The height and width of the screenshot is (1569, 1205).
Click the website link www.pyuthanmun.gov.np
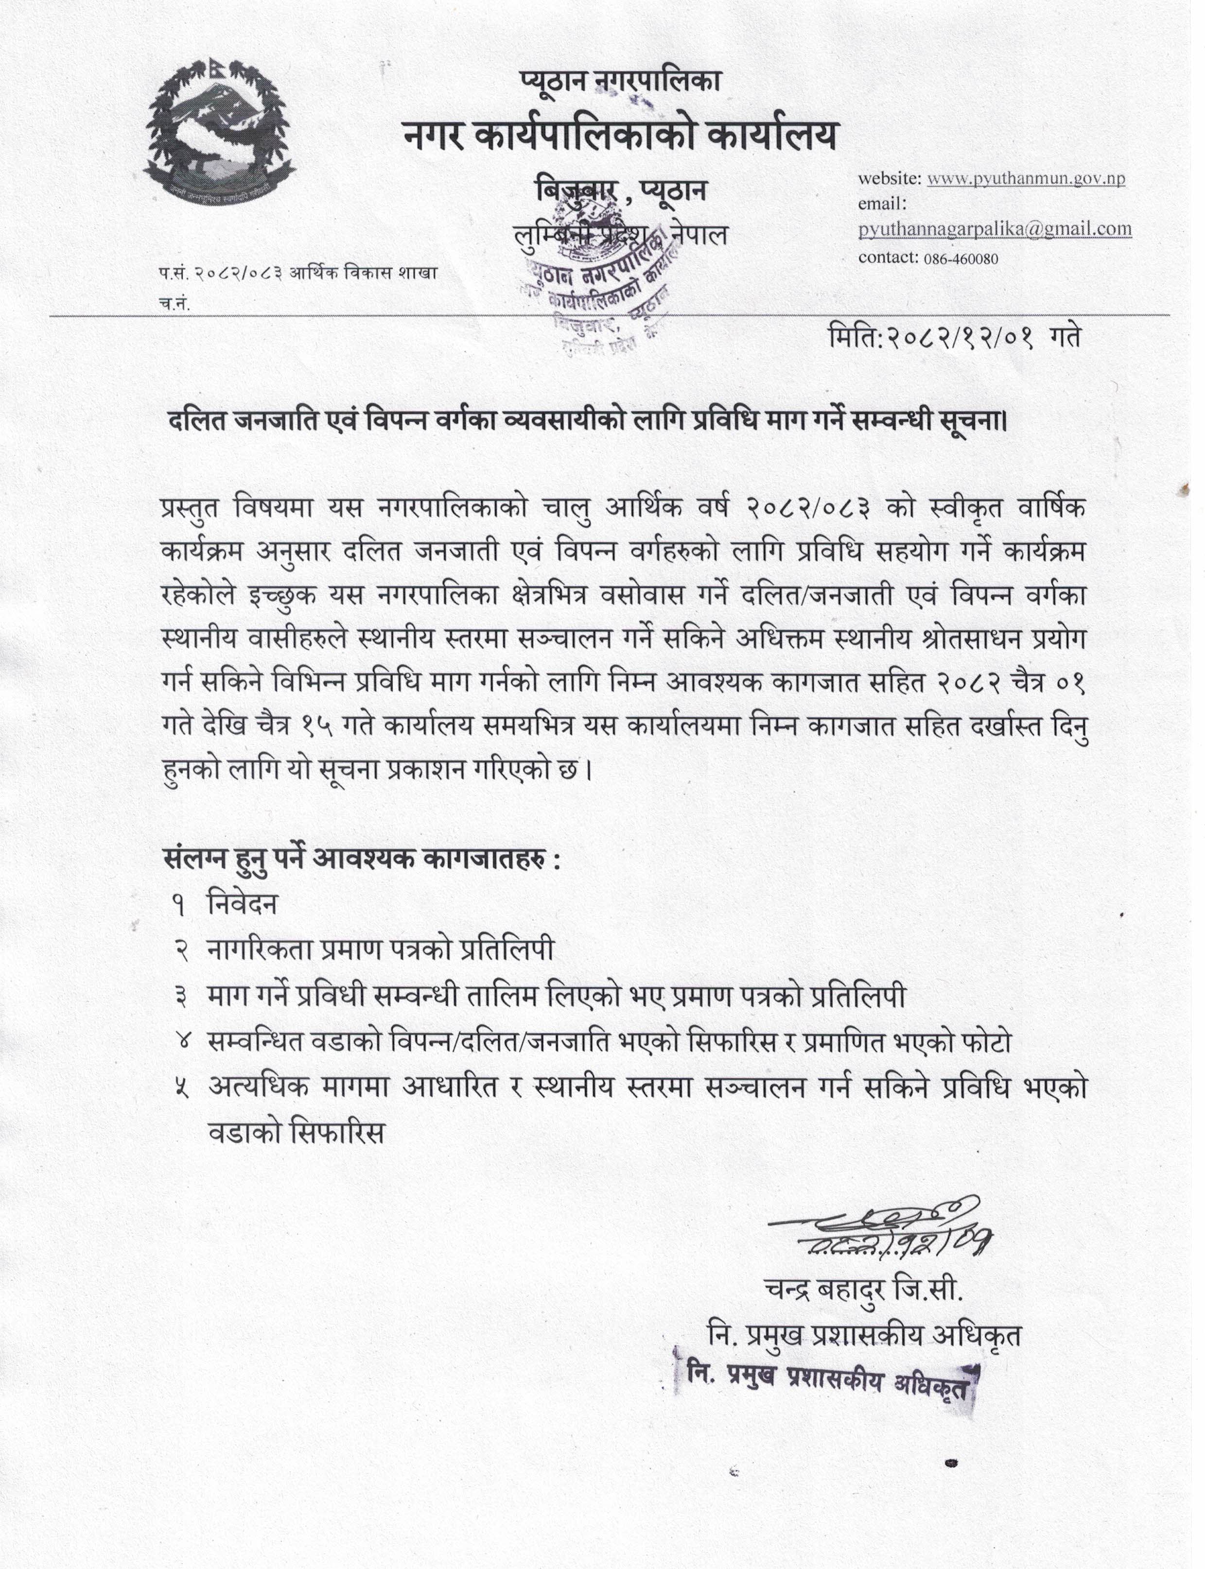point(1026,178)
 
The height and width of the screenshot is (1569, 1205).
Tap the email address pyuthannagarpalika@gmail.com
point(995,229)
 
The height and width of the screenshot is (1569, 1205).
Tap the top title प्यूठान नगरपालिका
point(620,82)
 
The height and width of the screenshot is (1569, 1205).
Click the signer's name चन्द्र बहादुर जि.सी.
point(864,1290)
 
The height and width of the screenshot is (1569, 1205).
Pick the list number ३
point(180,997)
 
